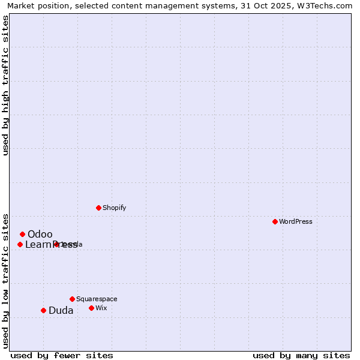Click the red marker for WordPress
tap(275, 221)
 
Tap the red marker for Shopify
tap(98, 208)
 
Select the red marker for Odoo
tap(22, 234)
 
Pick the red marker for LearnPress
tap(20, 244)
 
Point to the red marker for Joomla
tap(56, 244)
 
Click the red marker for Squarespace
tap(72, 299)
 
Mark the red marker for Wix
tap(91, 308)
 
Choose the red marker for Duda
tap(43, 310)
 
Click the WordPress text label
tap(296, 221)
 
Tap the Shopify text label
tap(114, 208)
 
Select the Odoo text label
tap(40, 234)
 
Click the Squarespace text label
tap(97, 299)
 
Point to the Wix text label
tap(101, 308)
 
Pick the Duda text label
tap(61, 310)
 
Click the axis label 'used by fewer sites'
tap(62, 355)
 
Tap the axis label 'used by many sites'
tap(301, 355)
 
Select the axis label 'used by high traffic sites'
tap(6, 85)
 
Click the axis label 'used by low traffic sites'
tap(6, 280)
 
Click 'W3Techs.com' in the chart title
tap(328, 5)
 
